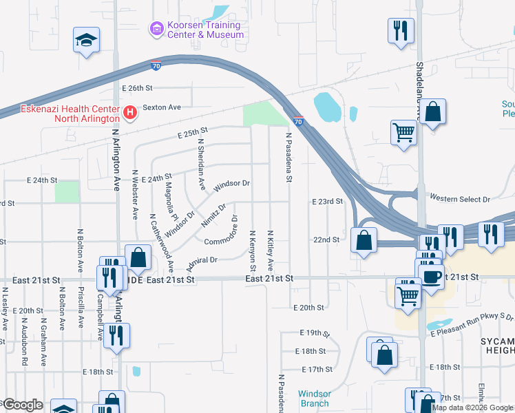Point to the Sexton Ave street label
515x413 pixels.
pyautogui.click(x=161, y=107)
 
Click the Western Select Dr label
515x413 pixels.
pyautogui.click(x=459, y=198)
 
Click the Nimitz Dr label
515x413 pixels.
pyautogui.click(x=213, y=216)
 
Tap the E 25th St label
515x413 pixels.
pyautogui.click(x=192, y=132)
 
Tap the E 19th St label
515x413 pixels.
pyautogui.click(x=315, y=333)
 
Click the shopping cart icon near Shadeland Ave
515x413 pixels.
pyautogui.click(x=403, y=132)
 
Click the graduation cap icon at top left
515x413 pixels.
pyautogui.click(x=87, y=40)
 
